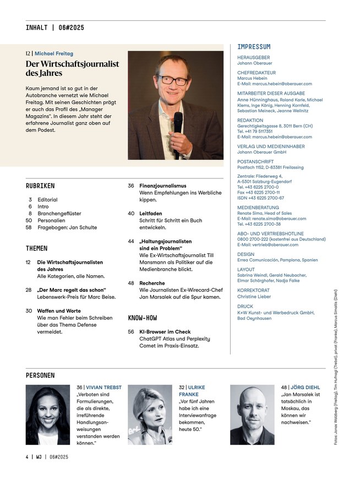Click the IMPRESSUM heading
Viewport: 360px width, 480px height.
pos(254,47)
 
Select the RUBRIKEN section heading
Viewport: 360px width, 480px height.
pos(40,186)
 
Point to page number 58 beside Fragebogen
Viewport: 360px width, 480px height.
pos(29,227)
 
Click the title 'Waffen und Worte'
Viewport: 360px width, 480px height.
pos(58,311)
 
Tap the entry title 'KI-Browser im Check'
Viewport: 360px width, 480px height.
pos(165,332)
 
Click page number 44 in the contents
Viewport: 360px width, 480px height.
pos(132,241)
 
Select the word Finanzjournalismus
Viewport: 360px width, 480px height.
pos(163,186)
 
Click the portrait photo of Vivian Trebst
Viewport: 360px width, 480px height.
pos(47,414)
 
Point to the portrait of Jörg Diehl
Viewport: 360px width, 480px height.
pos(252,414)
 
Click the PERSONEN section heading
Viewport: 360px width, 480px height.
pos(40,375)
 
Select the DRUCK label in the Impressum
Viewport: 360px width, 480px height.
pos(246,307)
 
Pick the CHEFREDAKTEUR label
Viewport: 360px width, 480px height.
pos(257,73)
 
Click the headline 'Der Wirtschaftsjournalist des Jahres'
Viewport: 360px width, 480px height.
pos(72,68)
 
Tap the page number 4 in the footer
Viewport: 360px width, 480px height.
pos(27,456)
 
